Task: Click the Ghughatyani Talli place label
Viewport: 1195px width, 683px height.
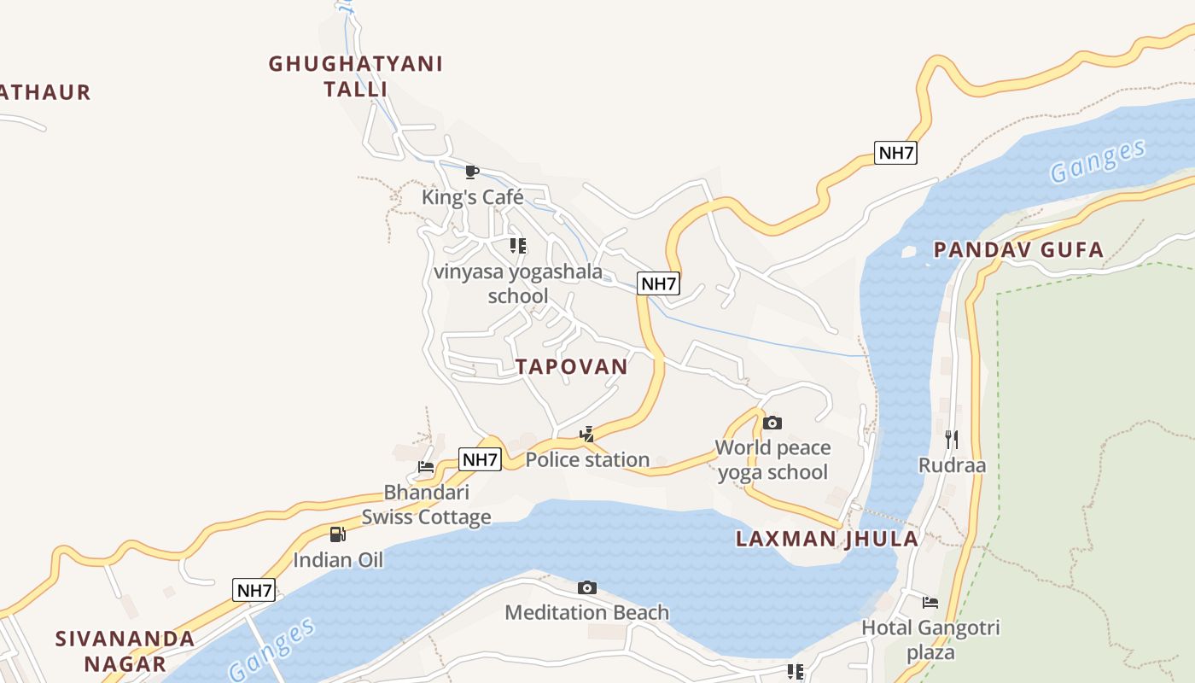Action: point(356,76)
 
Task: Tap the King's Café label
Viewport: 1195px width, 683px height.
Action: point(472,197)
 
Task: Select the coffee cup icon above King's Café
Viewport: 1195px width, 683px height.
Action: point(471,172)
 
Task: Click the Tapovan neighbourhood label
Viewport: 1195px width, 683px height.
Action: point(572,366)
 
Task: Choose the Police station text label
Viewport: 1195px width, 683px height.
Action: point(587,459)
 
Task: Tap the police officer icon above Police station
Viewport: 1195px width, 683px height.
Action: point(586,435)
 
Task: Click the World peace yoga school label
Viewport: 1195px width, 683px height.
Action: point(772,459)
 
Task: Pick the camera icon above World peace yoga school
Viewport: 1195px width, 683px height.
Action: point(772,423)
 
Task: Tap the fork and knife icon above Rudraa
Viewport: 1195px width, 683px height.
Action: point(952,440)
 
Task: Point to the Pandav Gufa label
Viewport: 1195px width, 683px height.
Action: point(1018,250)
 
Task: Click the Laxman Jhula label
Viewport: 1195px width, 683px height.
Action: point(827,539)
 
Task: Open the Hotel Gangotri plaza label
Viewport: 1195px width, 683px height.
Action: point(930,639)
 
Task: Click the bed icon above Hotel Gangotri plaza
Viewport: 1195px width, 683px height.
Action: point(930,603)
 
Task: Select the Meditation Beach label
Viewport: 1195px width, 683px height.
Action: point(586,612)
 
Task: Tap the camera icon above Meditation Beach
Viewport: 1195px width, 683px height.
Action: point(586,587)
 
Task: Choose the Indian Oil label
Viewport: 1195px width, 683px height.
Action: point(338,560)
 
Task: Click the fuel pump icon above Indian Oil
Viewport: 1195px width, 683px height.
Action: point(338,534)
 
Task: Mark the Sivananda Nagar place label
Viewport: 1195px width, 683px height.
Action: point(125,651)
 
